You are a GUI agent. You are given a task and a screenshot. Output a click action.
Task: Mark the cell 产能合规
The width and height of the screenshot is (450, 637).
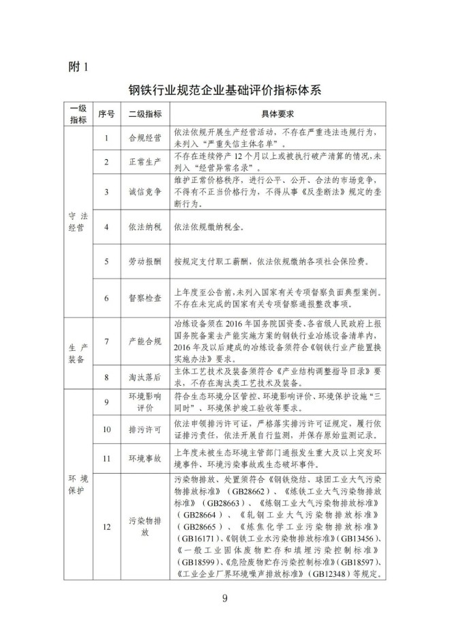(x=145, y=341)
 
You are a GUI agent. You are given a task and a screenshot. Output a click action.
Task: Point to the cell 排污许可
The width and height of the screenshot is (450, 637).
(x=145, y=430)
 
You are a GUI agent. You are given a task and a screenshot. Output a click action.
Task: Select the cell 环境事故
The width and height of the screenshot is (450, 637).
(x=145, y=459)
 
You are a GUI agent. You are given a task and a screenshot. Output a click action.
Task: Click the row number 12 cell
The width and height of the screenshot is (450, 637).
(x=106, y=526)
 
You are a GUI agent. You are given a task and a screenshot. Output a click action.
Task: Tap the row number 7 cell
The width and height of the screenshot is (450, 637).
(x=106, y=341)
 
